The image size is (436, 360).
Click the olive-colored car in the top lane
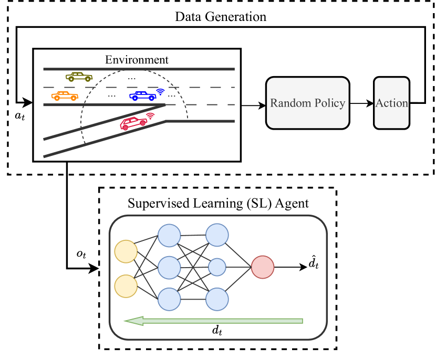pyautogui.click(x=79, y=77)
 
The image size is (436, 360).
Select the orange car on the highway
pyautogui.click(x=65, y=96)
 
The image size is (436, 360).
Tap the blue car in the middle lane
pyautogui.click(x=142, y=96)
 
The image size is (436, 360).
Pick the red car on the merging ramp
pyautogui.click(x=133, y=123)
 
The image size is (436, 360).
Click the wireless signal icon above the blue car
pyautogui.click(x=161, y=91)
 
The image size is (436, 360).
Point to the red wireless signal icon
pyautogui.click(x=150, y=115)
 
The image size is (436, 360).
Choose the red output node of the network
pyautogui.click(x=263, y=267)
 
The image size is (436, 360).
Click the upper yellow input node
pyautogui.click(x=126, y=251)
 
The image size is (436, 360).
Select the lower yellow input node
pyautogui.click(x=126, y=286)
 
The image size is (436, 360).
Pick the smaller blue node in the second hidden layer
pyautogui.click(x=217, y=267)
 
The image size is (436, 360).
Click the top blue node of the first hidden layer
pyautogui.click(x=169, y=235)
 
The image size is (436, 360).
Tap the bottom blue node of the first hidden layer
pyautogui.click(x=169, y=299)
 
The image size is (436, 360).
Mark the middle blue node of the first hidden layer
pyautogui.click(x=169, y=267)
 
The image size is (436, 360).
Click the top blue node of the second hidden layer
pyautogui.click(x=217, y=235)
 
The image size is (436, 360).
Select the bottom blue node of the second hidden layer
pyautogui.click(x=217, y=299)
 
